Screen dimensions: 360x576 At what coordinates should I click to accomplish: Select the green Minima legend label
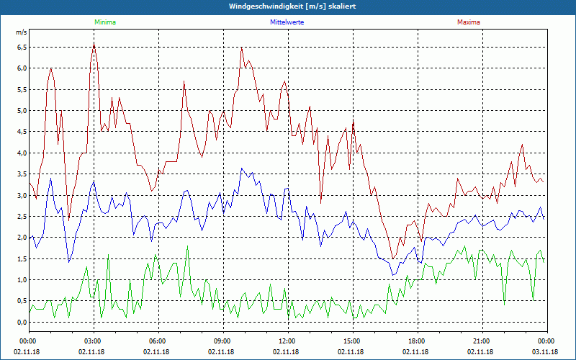point(104,22)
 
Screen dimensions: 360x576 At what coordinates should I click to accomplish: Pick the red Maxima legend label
point(468,22)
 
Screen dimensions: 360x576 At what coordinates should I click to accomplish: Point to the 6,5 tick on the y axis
point(22,48)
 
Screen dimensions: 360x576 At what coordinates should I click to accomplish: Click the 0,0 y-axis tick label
point(22,323)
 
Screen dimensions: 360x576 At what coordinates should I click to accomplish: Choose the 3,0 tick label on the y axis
point(22,196)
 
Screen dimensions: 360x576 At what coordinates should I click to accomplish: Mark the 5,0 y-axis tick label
point(22,111)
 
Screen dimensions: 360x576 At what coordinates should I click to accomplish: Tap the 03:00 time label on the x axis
point(93,341)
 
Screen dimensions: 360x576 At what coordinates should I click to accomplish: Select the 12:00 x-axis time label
point(287,341)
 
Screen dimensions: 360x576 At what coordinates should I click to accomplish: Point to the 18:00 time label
point(417,341)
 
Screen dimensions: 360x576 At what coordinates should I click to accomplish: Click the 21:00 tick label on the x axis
point(482,341)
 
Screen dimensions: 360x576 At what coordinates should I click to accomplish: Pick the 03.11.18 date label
point(546,351)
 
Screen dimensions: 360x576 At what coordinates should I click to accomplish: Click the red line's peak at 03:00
point(94,44)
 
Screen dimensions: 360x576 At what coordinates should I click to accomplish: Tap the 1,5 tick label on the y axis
point(22,259)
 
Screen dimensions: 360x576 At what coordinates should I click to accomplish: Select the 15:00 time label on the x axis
point(352,341)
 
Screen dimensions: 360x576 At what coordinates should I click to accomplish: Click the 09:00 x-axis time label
point(222,341)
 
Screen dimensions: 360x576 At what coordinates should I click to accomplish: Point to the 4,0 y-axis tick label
point(22,153)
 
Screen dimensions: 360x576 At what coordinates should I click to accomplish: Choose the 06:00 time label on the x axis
point(158,341)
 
